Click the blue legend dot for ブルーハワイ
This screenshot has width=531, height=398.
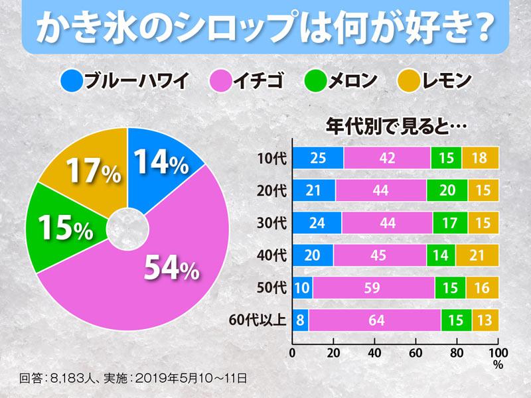coord(70,82)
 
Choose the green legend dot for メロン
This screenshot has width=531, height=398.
coord(316,82)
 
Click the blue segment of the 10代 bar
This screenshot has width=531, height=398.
coord(318,159)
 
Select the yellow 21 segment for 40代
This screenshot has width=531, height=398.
coord(477,255)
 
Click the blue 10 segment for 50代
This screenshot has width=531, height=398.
coord(303,287)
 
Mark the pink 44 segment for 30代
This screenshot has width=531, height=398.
coord(387,223)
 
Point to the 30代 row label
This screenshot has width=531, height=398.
coord(271,223)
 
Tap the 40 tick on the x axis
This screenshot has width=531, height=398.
coord(374,352)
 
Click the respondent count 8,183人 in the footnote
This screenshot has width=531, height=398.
coord(75,379)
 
